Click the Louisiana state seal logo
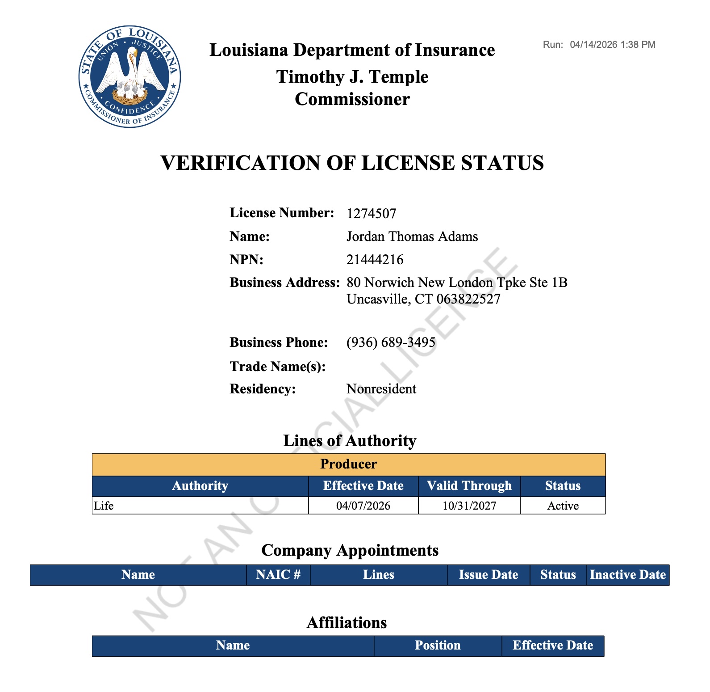pyautogui.click(x=129, y=76)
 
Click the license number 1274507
pyautogui.click(x=371, y=214)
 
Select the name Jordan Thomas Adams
pyautogui.click(x=412, y=236)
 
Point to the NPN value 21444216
pyautogui.click(x=375, y=260)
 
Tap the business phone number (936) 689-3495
pyautogui.click(x=391, y=342)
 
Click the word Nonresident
pyautogui.click(x=381, y=389)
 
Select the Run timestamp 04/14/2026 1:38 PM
pyautogui.click(x=612, y=45)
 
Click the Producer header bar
pyautogui.click(x=348, y=464)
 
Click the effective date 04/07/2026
pyautogui.click(x=363, y=506)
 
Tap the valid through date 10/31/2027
pyautogui.click(x=469, y=506)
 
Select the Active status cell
pyautogui.click(x=563, y=506)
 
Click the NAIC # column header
pyautogui.click(x=278, y=575)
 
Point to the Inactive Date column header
pyautogui.click(x=627, y=575)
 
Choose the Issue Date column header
pyautogui.click(x=488, y=575)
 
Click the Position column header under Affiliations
pyautogui.click(x=437, y=646)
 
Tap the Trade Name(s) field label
pyautogui.click(x=277, y=367)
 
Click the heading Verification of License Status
pyautogui.click(x=352, y=163)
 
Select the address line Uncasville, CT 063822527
pyautogui.click(x=423, y=299)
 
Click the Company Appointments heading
pyautogui.click(x=350, y=550)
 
